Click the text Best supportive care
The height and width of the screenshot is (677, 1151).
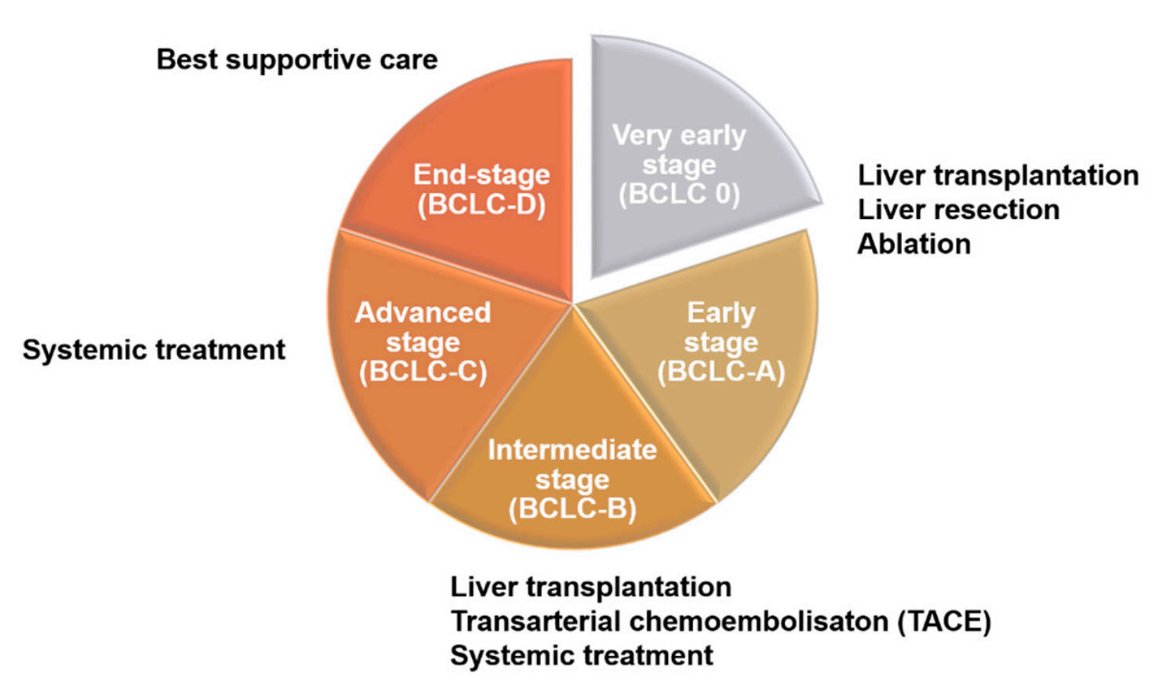[x=297, y=60]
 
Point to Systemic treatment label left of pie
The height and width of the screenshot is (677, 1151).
[x=154, y=350]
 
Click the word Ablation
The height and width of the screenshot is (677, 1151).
[x=913, y=244]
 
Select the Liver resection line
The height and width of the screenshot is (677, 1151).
[x=958, y=209]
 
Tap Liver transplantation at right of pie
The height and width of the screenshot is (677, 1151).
[x=997, y=175]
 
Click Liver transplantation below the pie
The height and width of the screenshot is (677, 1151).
[x=590, y=587]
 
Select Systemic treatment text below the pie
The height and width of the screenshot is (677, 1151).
[x=581, y=655]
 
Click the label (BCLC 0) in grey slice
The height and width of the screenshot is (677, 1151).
[x=679, y=194]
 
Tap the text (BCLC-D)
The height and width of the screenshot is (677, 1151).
[x=481, y=205]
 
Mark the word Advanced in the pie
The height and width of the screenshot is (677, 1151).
[x=423, y=312]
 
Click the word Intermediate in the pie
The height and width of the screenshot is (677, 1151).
[x=572, y=450]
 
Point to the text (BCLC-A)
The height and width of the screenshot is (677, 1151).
[x=721, y=372]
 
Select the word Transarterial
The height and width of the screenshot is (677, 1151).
[x=536, y=621]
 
